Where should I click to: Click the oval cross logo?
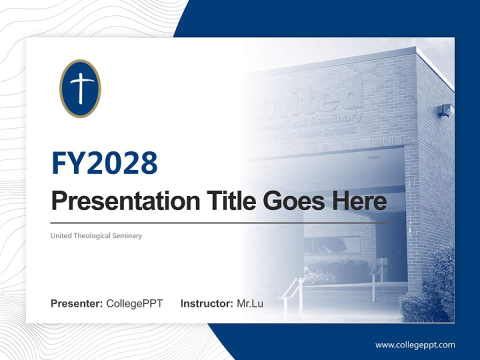pos(80,88)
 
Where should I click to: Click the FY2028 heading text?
pos(104,162)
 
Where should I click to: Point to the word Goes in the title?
pos(290,201)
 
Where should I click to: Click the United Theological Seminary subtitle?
pos(96,235)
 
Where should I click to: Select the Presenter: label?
pos(76,303)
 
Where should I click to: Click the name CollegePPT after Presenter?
pos(134,303)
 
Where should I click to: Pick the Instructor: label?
pos(206,303)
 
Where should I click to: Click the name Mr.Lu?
pos(250,303)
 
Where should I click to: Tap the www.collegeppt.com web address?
pos(415,344)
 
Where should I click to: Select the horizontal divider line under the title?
pos(220,222)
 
